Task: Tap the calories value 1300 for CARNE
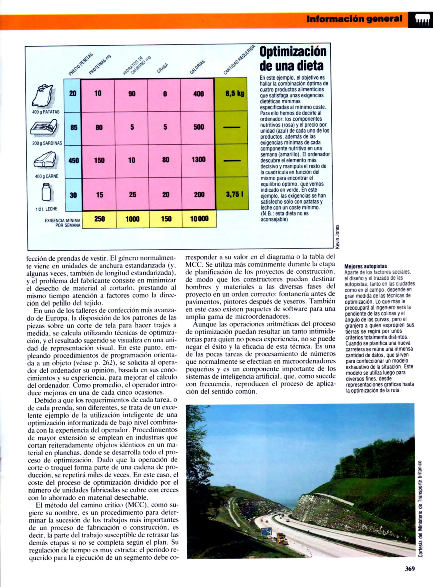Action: tap(198, 160)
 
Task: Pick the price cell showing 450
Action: tap(73, 161)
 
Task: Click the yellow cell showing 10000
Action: tap(199, 219)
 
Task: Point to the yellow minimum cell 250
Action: tap(99, 219)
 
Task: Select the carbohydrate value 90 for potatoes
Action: tap(132, 94)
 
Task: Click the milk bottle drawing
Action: tap(46, 192)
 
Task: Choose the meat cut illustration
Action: tap(45, 160)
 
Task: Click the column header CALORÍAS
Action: tap(197, 67)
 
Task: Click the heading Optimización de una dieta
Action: tap(293, 58)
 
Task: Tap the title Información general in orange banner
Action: tap(354, 19)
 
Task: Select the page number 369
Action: tap(410, 569)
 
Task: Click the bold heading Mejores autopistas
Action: tap(365, 266)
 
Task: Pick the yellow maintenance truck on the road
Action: tap(282, 538)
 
